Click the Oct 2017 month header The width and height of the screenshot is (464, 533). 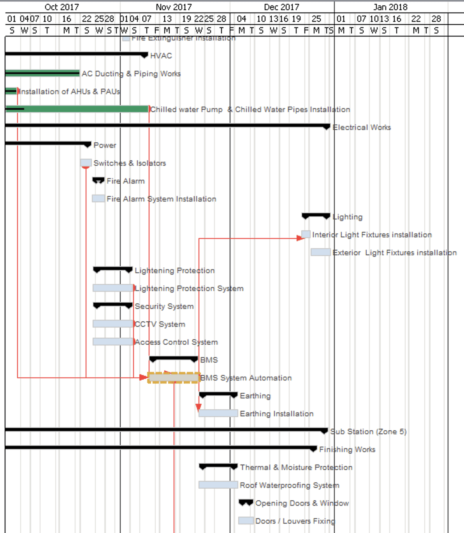pyautogui.click(x=62, y=7)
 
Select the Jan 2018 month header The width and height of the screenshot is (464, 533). pyautogui.click(x=390, y=7)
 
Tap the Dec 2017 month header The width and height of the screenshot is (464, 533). pyautogui.click(x=281, y=7)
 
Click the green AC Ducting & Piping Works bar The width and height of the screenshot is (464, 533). pyautogui.click(x=42, y=73)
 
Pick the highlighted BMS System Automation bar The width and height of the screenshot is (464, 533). pyautogui.click(x=174, y=377)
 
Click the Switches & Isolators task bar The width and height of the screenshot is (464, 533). pyautogui.click(x=86, y=163)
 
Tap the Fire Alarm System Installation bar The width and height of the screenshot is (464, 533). pyautogui.click(x=98, y=198)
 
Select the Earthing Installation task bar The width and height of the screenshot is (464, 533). pyautogui.click(x=218, y=413)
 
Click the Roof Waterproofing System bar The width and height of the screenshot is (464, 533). pyautogui.click(x=218, y=485)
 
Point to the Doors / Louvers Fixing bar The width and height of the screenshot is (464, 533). pyautogui.click(x=246, y=521)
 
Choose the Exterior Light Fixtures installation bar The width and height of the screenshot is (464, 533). pyautogui.click(x=320, y=252)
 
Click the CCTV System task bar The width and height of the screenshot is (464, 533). pyautogui.click(x=113, y=324)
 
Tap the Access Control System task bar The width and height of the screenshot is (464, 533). pyautogui.click(x=113, y=342)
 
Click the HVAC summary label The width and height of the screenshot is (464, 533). pyautogui.click(x=161, y=56)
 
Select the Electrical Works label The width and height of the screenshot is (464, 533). pyautogui.click(x=362, y=127)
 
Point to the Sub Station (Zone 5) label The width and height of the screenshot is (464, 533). pyautogui.click(x=368, y=431)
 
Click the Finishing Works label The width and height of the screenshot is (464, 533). pyautogui.click(x=347, y=449)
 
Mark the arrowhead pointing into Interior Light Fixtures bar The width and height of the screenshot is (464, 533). pyautogui.click(x=300, y=238)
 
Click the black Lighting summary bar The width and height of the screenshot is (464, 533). pyautogui.click(x=316, y=215)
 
